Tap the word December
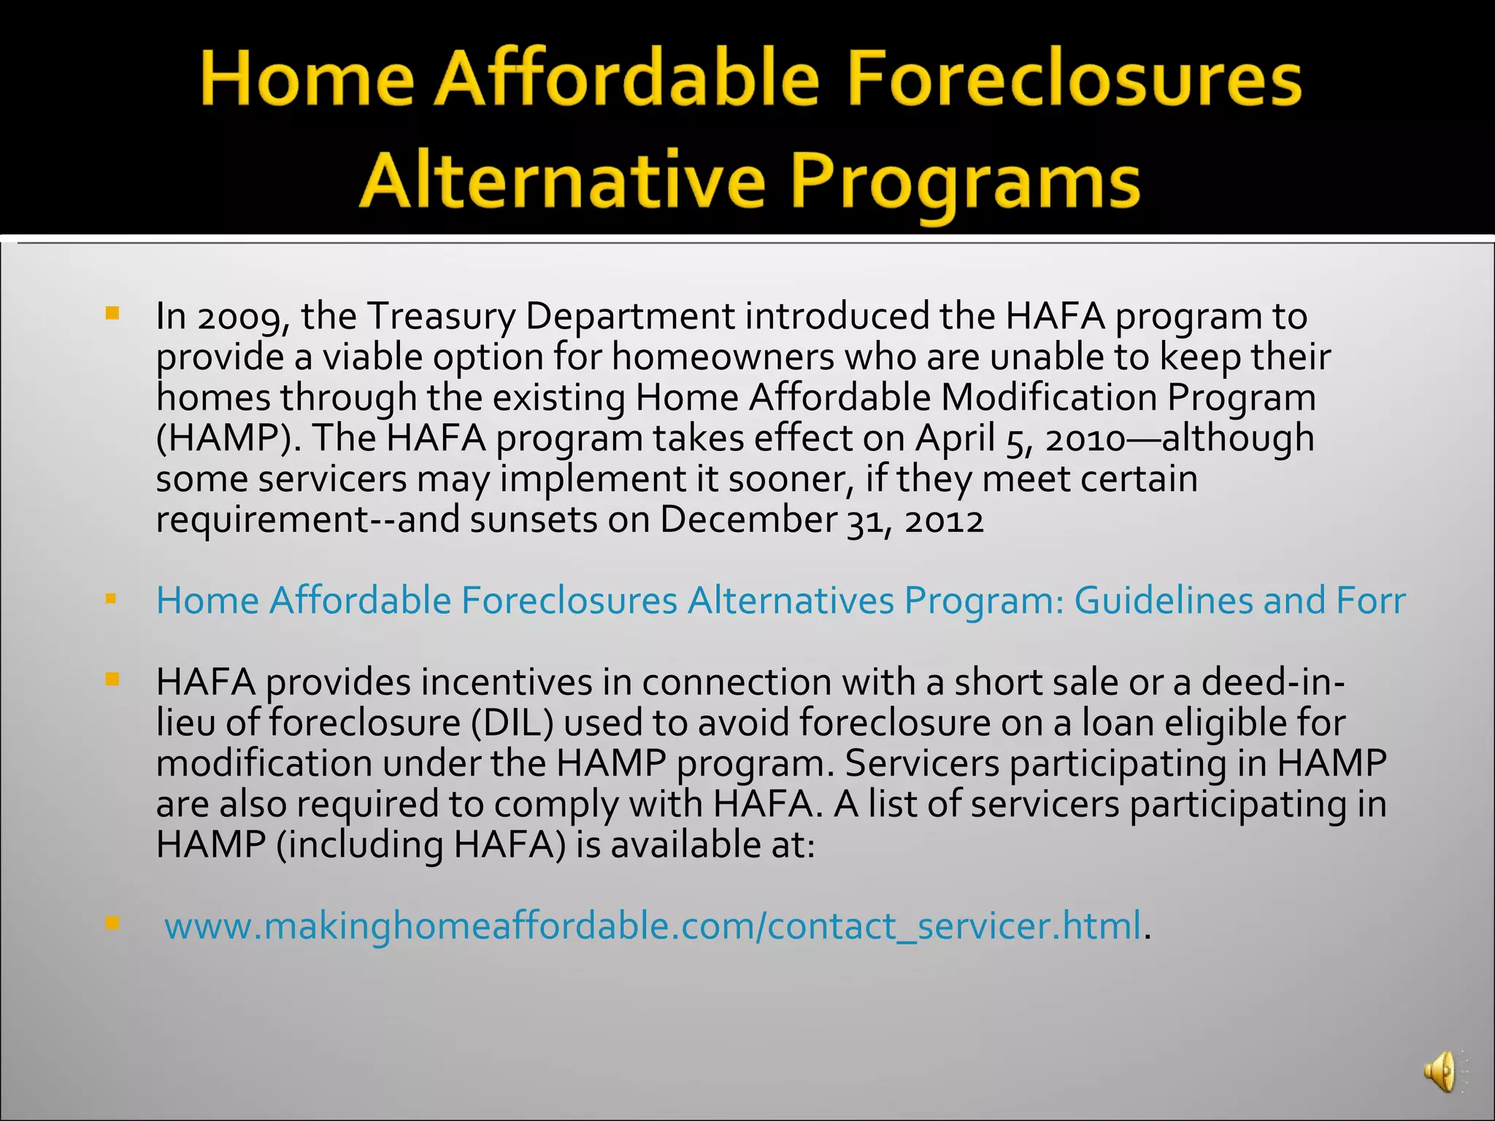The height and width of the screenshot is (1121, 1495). [748, 520]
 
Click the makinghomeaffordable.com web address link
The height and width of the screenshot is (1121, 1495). [653, 925]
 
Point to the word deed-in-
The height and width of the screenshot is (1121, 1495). [1273, 682]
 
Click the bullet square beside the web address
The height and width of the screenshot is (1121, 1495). [112, 923]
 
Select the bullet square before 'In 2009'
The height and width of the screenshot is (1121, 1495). [112, 314]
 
